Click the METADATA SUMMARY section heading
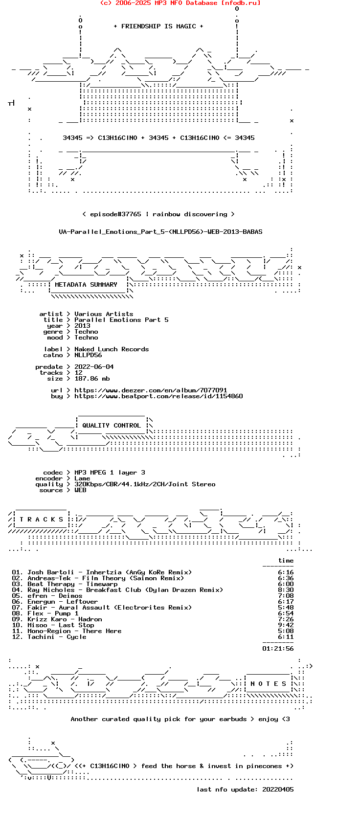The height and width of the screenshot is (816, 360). [86, 285]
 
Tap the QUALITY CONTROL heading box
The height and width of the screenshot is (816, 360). [111, 426]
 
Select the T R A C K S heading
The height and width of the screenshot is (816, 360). [41, 520]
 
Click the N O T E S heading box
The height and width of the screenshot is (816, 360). [268, 684]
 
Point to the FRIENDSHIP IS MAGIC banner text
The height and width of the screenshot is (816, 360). [158, 26]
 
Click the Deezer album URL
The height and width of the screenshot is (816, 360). [151, 390]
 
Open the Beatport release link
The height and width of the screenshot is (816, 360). [158, 396]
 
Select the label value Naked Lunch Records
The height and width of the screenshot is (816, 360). [112, 349]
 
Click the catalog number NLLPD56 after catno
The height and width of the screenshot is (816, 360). [88, 355]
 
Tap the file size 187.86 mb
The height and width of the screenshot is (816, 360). [92, 379]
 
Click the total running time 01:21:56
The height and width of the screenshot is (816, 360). [278, 648]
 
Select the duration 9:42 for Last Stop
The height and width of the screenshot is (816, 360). [286, 625]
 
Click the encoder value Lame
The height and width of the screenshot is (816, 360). [82, 478]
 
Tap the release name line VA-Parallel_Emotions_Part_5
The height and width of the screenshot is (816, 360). [160, 232]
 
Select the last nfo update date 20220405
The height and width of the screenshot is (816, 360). [278, 790]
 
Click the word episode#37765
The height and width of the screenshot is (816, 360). [115, 214]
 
